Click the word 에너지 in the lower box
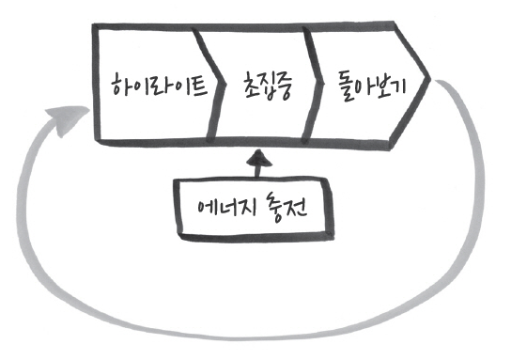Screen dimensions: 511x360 pyautogui.click(x=221, y=205)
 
